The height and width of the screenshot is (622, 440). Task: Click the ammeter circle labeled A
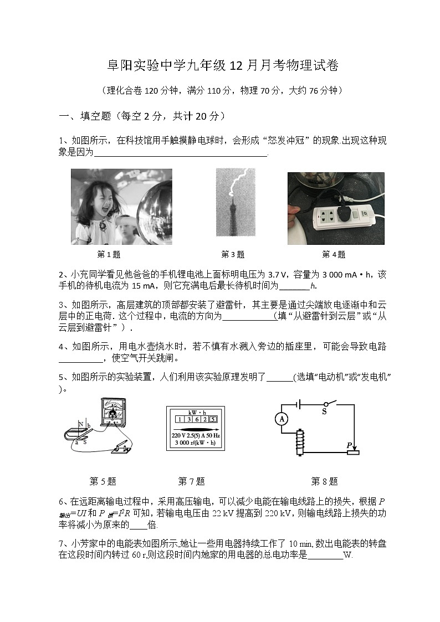point(282,419)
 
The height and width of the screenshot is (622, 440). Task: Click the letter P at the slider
point(349,445)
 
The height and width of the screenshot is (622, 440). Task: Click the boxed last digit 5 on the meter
point(213,419)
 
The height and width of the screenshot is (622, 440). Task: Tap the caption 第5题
point(103,481)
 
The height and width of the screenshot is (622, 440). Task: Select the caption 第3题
point(233,254)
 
